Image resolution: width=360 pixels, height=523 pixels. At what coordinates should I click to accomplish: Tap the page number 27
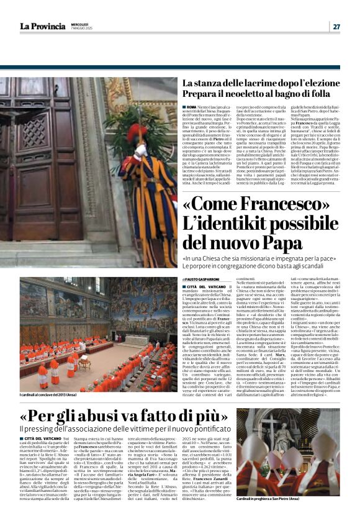[336, 26]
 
